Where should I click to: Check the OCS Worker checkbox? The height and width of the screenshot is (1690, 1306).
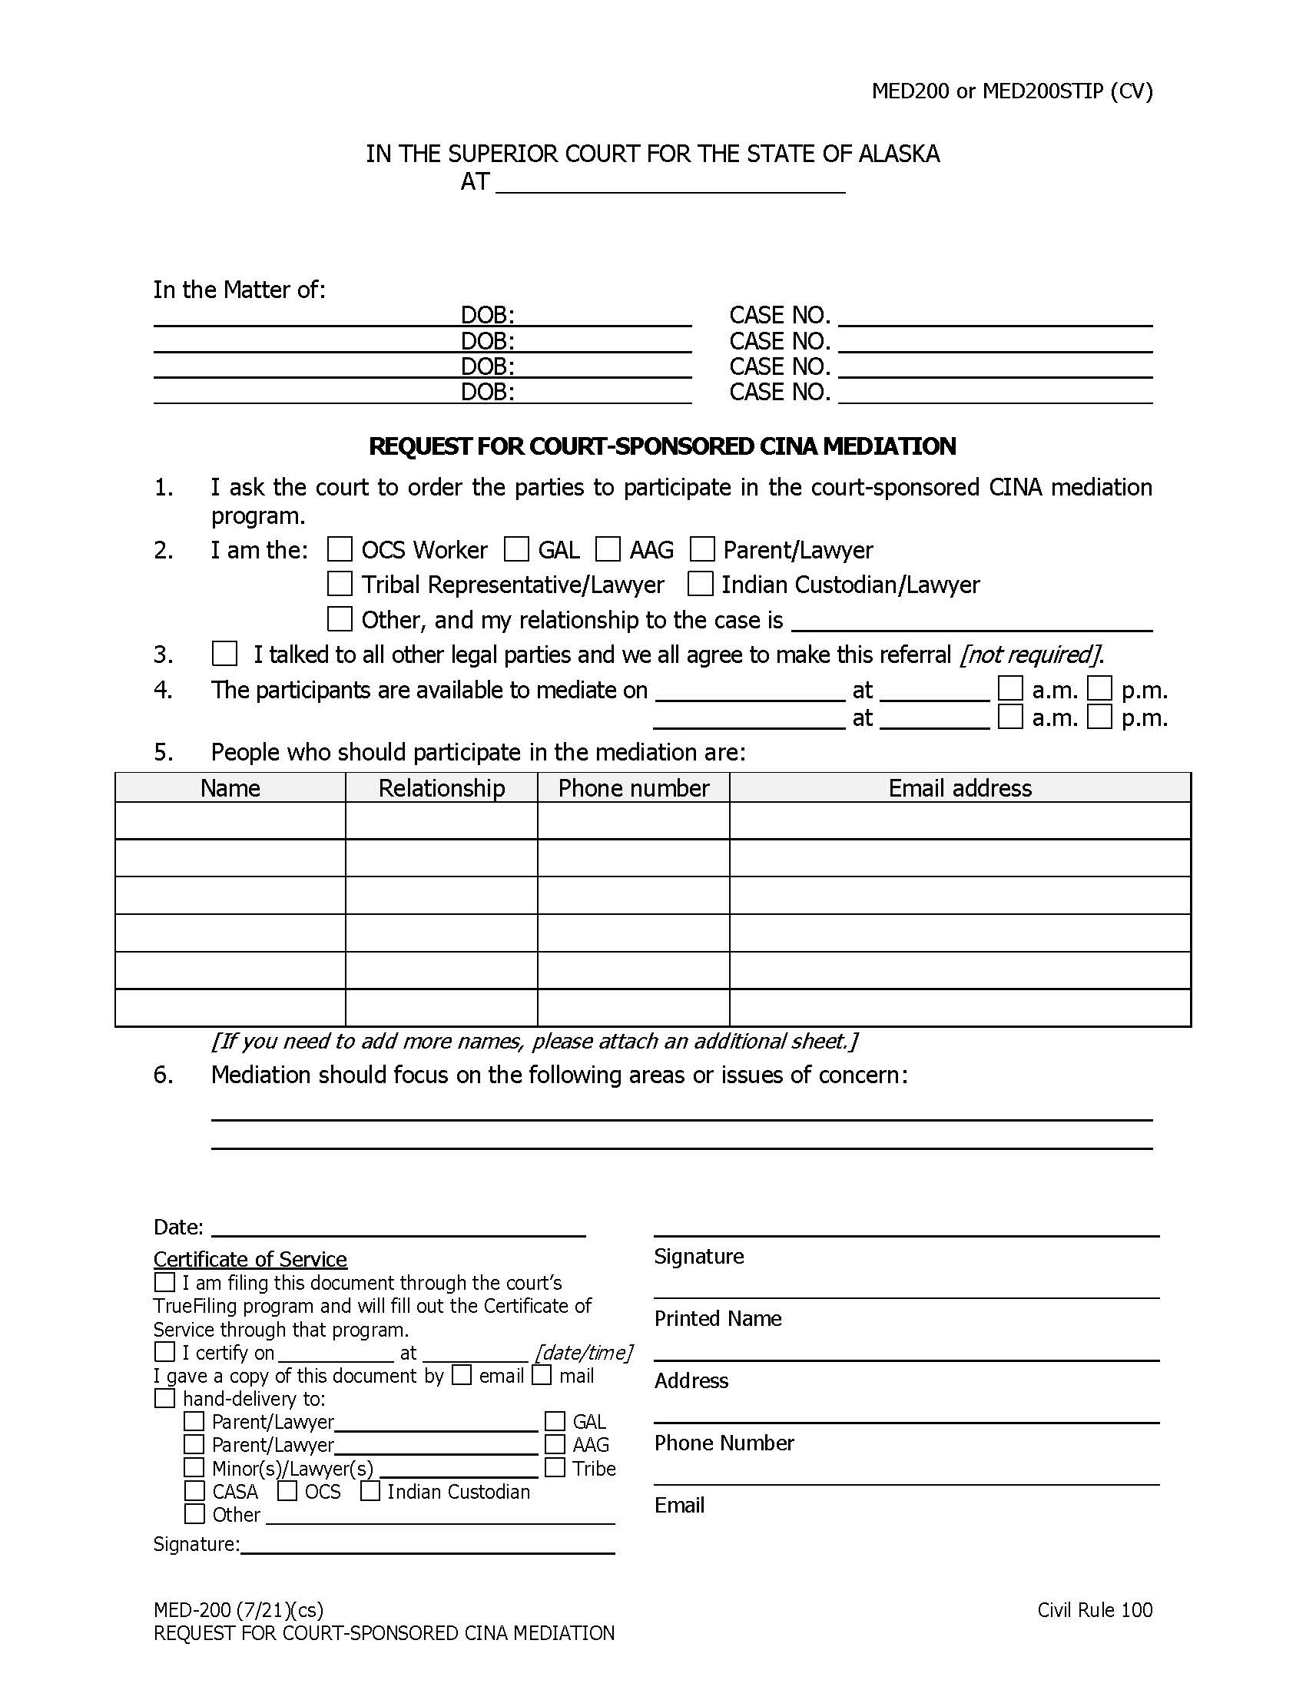tap(340, 549)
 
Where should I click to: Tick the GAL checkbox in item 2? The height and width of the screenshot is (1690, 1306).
tap(516, 549)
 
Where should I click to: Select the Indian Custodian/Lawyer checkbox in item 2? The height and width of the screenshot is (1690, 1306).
tap(700, 584)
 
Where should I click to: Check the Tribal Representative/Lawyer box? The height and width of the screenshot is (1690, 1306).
tap(340, 584)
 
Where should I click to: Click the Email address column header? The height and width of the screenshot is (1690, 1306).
tap(960, 787)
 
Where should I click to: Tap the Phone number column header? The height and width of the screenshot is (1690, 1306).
tap(634, 787)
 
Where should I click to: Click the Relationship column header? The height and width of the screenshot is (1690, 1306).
tap(441, 787)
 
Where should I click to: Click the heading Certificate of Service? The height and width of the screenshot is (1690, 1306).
tap(250, 1259)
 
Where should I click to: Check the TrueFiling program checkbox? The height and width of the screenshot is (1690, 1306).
tap(165, 1282)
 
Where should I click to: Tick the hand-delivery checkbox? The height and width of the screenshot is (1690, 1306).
tap(165, 1398)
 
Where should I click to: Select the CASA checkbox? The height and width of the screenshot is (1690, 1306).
tap(195, 1490)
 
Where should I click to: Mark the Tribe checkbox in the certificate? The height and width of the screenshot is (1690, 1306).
tap(555, 1467)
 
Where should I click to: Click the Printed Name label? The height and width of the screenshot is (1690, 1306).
tap(718, 1318)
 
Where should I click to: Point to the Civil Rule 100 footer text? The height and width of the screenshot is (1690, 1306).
tap(1094, 1610)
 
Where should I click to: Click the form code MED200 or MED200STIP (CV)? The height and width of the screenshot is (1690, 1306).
tap(1012, 91)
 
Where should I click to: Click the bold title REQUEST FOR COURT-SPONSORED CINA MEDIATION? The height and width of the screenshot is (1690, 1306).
tap(662, 446)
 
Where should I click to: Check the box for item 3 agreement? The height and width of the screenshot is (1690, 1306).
tap(224, 654)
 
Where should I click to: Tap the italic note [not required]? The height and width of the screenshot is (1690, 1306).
tap(1030, 654)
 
